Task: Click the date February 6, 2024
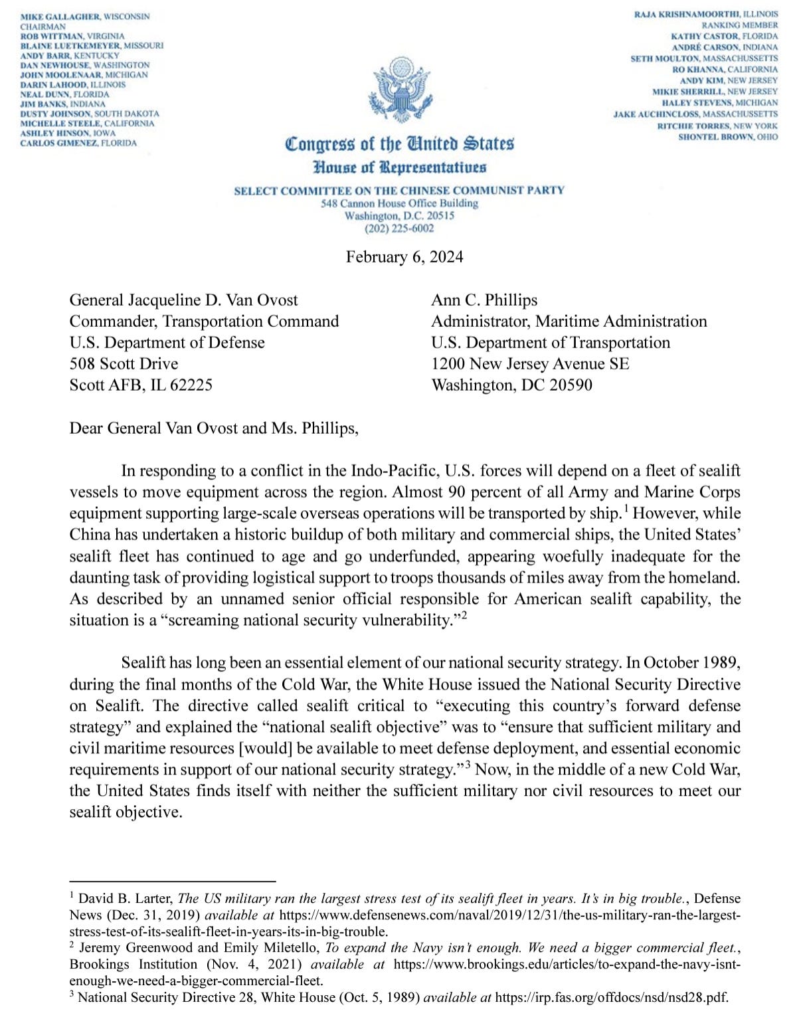(x=404, y=257)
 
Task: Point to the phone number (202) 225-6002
(x=399, y=229)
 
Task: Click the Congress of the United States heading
(x=399, y=143)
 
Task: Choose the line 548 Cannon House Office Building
(x=399, y=203)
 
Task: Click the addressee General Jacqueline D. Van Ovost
(x=183, y=300)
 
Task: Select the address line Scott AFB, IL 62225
(x=141, y=385)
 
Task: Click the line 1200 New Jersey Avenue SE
(x=530, y=364)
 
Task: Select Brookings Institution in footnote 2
(x=133, y=964)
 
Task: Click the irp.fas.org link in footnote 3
(x=611, y=997)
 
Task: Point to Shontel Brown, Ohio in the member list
(x=727, y=137)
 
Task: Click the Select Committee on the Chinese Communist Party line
(x=399, y=191)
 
